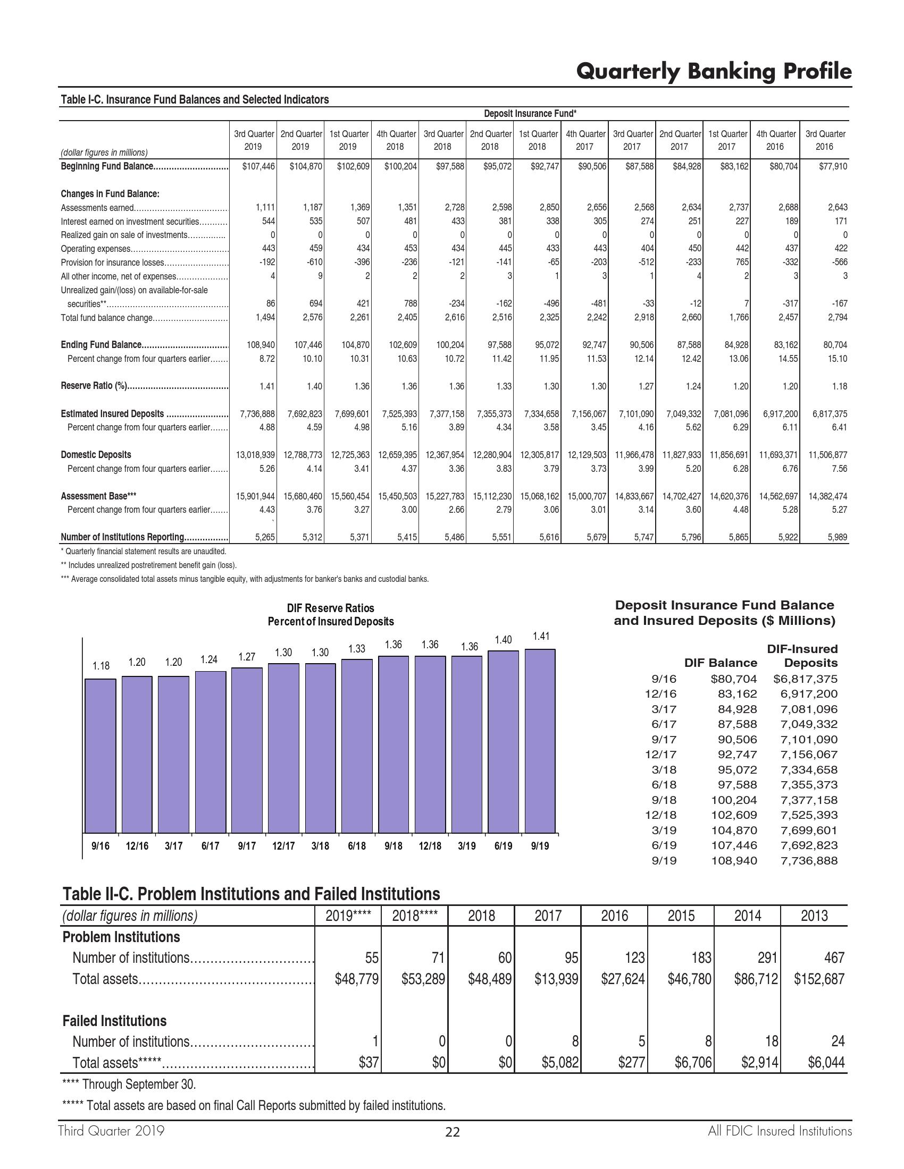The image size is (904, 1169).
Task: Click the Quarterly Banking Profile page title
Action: tap(713, 71)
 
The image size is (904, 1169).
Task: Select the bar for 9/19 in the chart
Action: tap(540, 741)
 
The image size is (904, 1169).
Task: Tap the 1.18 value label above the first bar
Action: tap(101, 666)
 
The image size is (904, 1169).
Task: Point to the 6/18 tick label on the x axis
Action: tap(357, 846)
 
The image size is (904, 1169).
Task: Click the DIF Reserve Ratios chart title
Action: tap(330, 614)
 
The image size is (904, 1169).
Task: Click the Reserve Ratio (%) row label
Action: tap(94, 386)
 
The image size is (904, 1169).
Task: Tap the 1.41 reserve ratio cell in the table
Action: tap(266, 386)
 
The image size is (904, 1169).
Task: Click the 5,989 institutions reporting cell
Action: tap(835, 537)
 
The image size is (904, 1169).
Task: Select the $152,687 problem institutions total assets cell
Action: tap(819, 979)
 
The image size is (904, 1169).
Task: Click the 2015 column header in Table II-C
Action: tap(681, 916)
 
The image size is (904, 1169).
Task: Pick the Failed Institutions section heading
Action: tap(115, 1021)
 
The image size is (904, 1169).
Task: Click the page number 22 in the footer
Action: tap(453, 1132)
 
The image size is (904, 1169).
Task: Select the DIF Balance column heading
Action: tap(721, 663)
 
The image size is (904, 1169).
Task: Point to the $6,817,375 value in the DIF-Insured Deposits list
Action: tap(806, 679)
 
